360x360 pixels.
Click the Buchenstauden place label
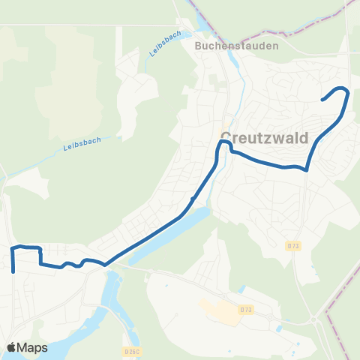tap(236, 46)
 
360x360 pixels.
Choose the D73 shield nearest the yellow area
tap(246, 309)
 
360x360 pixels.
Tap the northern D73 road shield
tap(292, 245)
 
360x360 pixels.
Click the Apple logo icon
tap(12, 348)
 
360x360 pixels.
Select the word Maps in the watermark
tap(33, 348)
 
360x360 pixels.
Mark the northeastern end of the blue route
tap(322, 100)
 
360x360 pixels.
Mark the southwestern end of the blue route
tap(13, 273)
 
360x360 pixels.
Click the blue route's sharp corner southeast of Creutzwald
tap(307, 169)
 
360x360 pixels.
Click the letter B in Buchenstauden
tap(197, 46)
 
